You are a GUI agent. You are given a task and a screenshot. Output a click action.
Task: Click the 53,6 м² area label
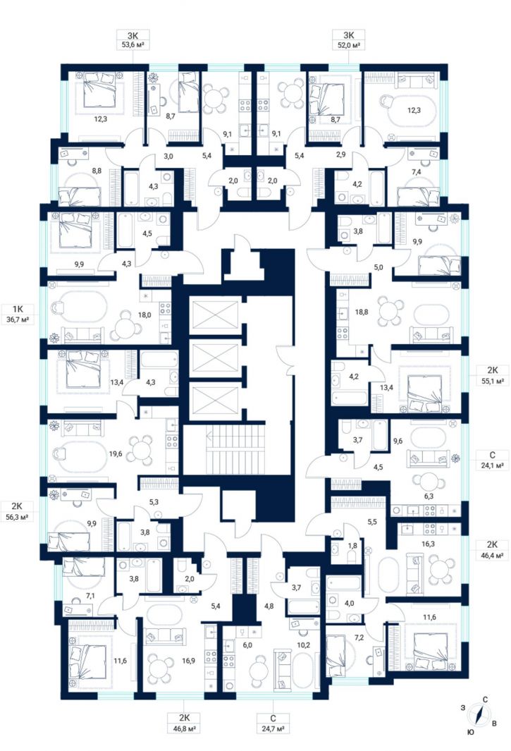click(133, 46)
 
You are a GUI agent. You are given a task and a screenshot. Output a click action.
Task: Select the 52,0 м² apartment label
click(348, 46)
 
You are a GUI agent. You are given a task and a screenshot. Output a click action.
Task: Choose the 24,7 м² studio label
click(273, 729)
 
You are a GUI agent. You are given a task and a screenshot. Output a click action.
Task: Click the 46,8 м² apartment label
click(184, 729)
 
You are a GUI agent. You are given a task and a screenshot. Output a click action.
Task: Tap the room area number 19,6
click(116, 453)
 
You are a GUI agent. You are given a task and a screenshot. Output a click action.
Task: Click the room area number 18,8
click(362, 312)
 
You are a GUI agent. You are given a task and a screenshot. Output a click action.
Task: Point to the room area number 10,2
click(304, 645)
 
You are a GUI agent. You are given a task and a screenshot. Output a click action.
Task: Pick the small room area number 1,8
click(352, 546)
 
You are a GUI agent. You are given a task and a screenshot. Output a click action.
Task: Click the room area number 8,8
click(97, 170)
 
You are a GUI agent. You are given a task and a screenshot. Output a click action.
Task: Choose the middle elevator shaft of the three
click(214, 358)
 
